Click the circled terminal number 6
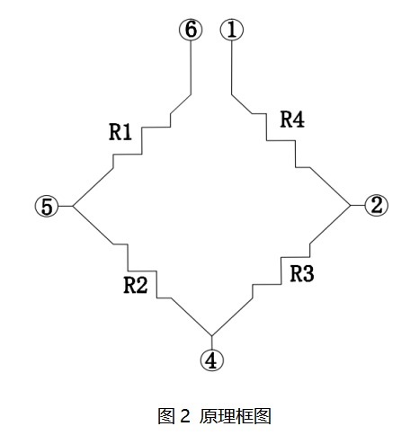(x=191, y=30)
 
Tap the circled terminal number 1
(x=232, y=30)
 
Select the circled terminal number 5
(x=47, y=206)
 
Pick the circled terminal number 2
(x=377, y=206)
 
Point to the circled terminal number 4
(x=212, y=360)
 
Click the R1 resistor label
(x=120, y=132)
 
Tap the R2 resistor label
(x=136, y=285)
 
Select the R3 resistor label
(x=302, y=273)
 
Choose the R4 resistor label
(x=292, y=120)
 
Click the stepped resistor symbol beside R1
(x=142, y=141)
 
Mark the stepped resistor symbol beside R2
(x=142, y=271)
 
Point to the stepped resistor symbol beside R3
(x=281, y=271)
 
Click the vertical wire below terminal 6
(x=191, y=68)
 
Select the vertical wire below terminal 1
(x=231, y=68)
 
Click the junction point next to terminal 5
(x=73, y=206)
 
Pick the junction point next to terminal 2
(x=351, y=206)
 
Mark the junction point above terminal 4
(x=212, y=335)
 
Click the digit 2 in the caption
(x=185, y=416)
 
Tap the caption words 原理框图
(x=236, y=416)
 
